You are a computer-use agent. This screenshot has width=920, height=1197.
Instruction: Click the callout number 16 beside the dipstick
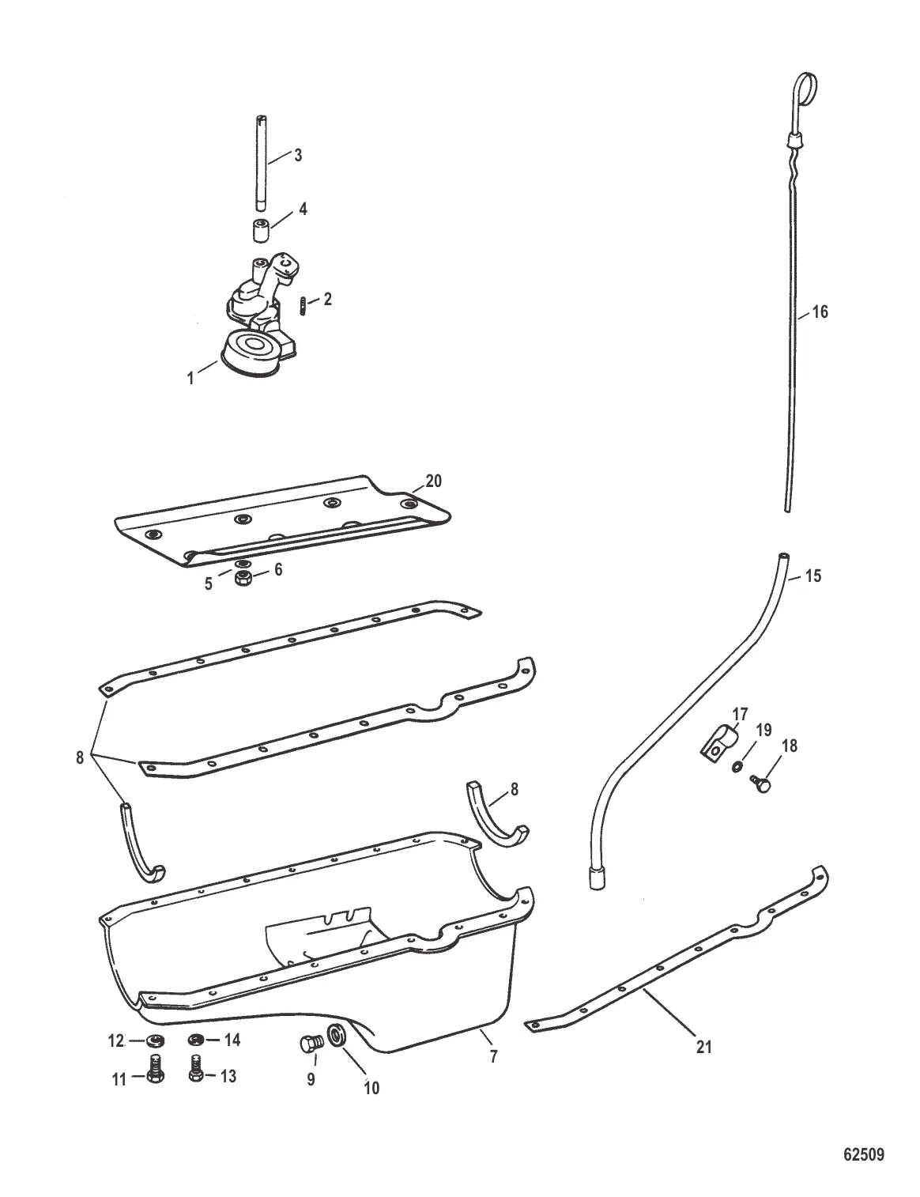click(820, 312)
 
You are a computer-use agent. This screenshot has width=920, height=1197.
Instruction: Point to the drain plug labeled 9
click(308, 1044)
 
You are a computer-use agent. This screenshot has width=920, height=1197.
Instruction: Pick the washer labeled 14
click(196, 1040)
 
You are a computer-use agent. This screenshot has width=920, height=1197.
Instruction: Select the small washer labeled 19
click(737, 766)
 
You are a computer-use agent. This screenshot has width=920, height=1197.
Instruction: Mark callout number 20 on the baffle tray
click(434, 480)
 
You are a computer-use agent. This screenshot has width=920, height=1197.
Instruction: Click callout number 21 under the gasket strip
click(703, 1047)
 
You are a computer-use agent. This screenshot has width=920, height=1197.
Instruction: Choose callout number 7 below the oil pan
click(493, 1055)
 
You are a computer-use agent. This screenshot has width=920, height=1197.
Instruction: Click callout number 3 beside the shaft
click(298, 155)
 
